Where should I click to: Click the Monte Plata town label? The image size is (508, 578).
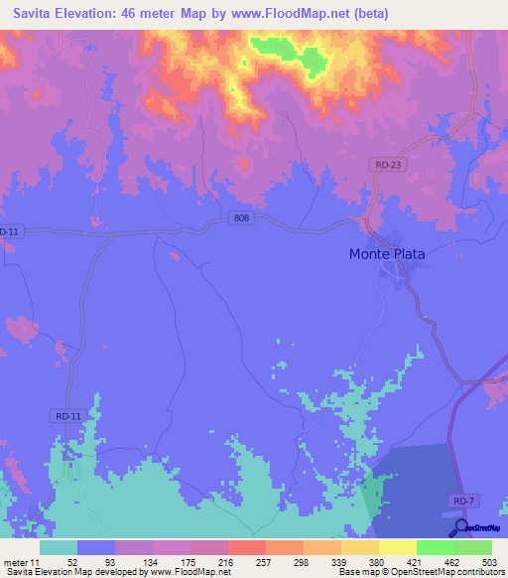[387, 253]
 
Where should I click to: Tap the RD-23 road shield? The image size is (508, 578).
[388, 164]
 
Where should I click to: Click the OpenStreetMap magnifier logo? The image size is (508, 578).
[461, 527]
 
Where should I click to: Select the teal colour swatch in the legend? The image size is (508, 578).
[59, 547]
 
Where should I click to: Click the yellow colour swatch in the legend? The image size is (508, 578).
[397, 547]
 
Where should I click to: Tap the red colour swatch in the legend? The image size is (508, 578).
[246, 547]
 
